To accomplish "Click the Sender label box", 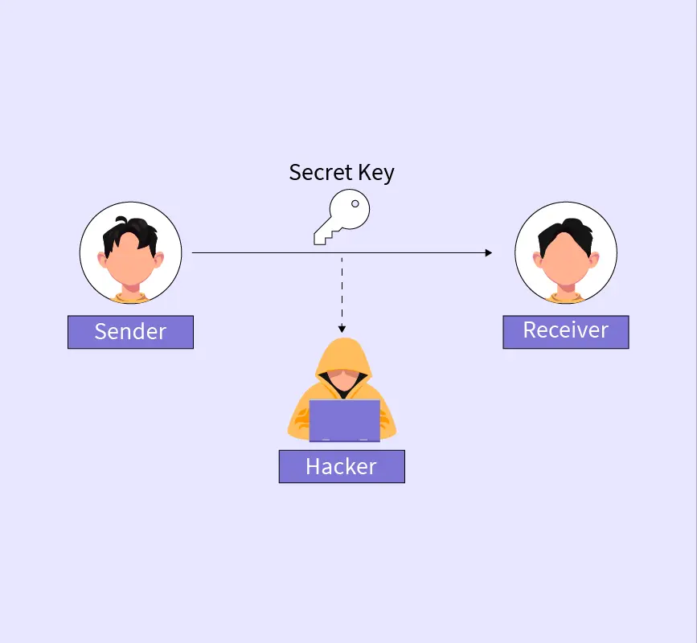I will pos(130,332).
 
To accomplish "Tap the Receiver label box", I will pos(565,331).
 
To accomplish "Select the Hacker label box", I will pos(341,466).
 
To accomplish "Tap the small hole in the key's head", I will pos(355,204).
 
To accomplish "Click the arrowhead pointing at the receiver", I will pos(488,252).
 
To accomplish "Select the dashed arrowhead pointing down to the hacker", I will pos(342,328).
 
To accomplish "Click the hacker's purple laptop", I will pos(344,420).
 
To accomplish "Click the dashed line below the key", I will pos(342,289).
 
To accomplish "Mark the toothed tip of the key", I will pos(320,237).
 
